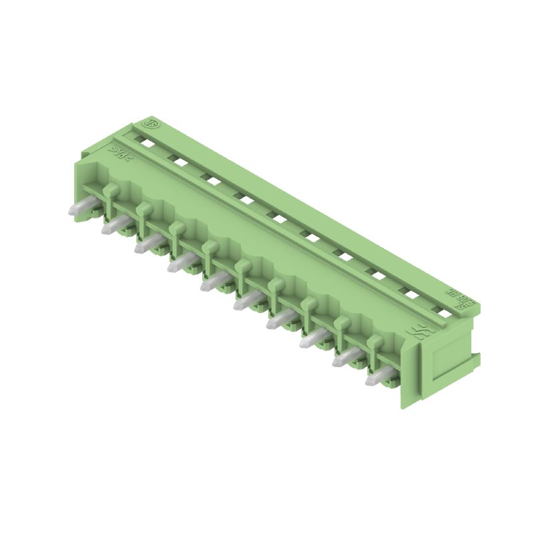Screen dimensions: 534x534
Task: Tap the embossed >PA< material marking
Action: coord(121,154)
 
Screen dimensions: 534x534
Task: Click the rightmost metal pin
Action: coord(377,378)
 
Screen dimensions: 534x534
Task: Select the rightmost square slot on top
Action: coord(440,311)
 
